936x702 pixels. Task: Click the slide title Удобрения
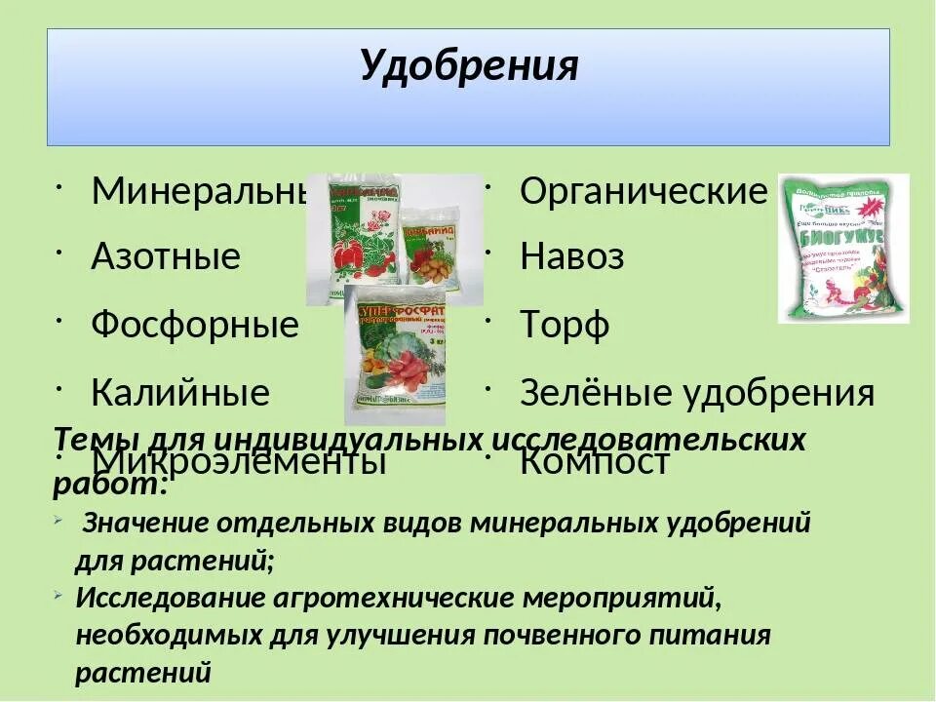pyautogui.click(x=468, y=66)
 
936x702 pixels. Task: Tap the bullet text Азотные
pyautogui.click(x=166, y=257)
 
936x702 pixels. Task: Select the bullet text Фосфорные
pyautogui.click(x=195, y=325)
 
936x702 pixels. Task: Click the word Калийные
pyautogui.click(x=180, y=393)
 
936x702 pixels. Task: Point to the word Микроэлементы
pyautogui.click(x=239, y=461)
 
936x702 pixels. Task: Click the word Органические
pyautogui.click(x=643, y=191)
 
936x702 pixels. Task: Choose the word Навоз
pyautogui.click(x=572, y=257)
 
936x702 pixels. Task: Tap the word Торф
pyautogui.click(x=565, y=325)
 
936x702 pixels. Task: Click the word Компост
pyautogui.click(x=595, y=461)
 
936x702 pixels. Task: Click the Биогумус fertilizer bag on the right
pyautogui.click(x=843, y=249)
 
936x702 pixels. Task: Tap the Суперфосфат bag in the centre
pyautogui.click(x=395, y=356)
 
